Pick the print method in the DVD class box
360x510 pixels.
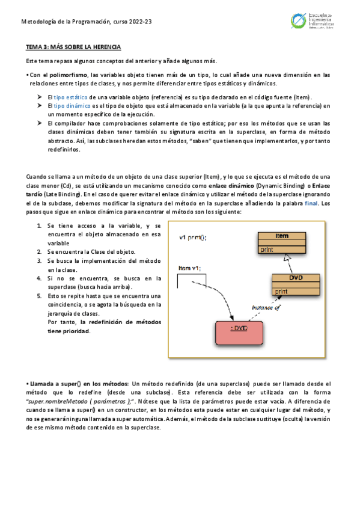tap(281, 291)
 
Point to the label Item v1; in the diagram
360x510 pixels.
tap(189, 267)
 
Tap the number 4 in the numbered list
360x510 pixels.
tap(38, 278)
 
